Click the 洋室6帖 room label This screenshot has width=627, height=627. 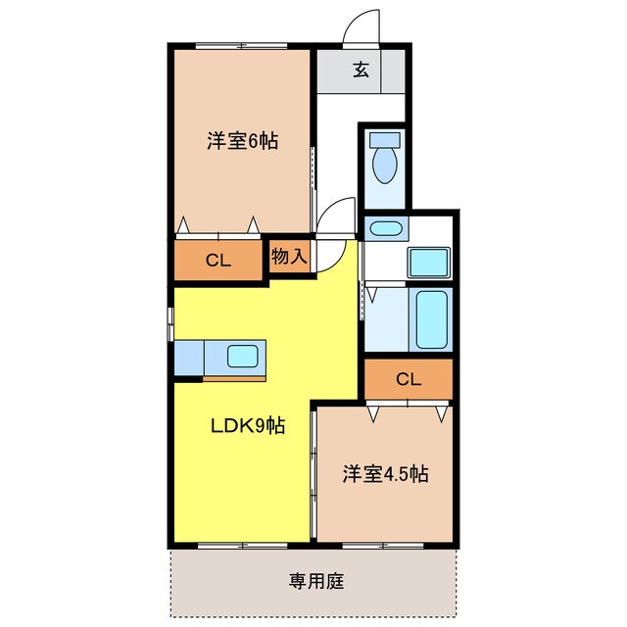(242, 141)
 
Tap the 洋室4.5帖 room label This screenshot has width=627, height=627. (385, 474)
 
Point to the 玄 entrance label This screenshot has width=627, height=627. (361, 71)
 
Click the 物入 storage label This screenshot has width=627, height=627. (290, 258)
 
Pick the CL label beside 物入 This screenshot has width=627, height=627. (217, 261)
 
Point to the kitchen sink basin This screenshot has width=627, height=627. (242, 356)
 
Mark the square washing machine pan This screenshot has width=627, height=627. (428, 263)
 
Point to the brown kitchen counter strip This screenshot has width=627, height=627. (234, 375)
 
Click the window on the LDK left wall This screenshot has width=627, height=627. (170, 323)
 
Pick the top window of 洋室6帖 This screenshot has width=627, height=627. (241, 46)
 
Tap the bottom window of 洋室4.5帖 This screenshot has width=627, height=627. (383, 543)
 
